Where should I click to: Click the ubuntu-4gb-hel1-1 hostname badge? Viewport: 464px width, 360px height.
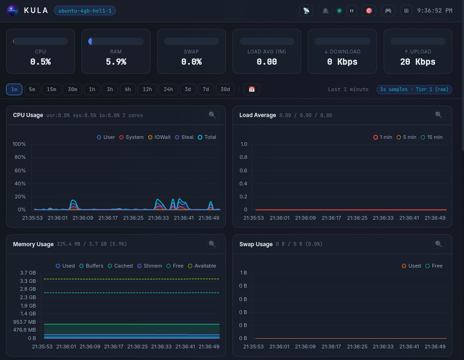coord(85,10)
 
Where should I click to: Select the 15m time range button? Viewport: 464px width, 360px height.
coord(51,89)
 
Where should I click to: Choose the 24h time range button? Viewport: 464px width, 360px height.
coord(168,89)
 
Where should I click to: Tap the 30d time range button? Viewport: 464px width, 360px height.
coord(225,89)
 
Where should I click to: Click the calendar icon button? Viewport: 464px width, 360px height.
coord(252,89)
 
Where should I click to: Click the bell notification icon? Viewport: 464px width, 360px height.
coord(325,10)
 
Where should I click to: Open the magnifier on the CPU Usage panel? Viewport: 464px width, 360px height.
coord(212,115)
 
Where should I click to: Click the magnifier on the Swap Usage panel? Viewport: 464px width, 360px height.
coord(438,244)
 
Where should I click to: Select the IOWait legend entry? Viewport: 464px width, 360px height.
coord(159,137)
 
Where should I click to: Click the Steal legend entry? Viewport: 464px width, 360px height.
coord(184,137)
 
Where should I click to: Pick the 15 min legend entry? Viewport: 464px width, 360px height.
coord(431,137)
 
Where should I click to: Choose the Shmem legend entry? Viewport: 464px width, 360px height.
coord(150,266)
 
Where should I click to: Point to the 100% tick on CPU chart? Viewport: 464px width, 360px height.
coord(19,144)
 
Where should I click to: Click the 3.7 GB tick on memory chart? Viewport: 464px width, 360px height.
coord(28,273)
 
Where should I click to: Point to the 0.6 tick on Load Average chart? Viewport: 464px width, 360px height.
coord(244,170)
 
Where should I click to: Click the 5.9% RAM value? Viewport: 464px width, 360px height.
coord(116,62)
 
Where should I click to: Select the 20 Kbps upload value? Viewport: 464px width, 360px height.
coord(418,62)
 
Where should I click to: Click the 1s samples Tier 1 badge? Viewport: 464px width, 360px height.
coord(414,89)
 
